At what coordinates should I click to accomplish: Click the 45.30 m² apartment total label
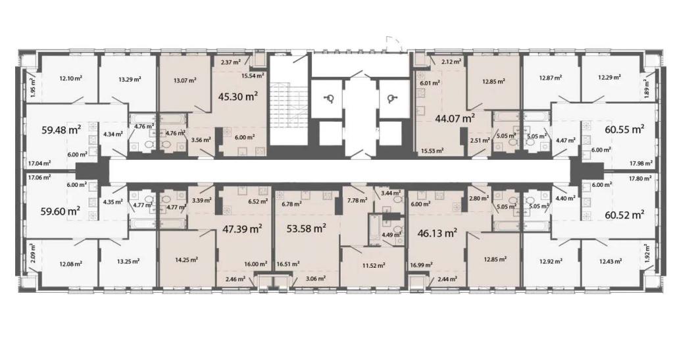pyautogui.click(x=238, y=96)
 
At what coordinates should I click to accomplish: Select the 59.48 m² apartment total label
pyautogui.click(x=61, y=130)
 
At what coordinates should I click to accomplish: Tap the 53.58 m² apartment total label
pyautogui.click(x=307, y=229)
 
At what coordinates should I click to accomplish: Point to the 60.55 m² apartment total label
pyautogui.click(x=624, y=129)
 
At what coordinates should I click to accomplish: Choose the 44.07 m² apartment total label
pyautogui.click(x=455, y=118)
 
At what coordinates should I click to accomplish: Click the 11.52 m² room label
pyautogui.click(x=373, y=265)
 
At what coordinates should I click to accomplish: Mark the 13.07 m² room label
pyautogui.click(x=185, y=80)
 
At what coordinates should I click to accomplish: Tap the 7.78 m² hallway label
pyautogui.click(x=358, y=200)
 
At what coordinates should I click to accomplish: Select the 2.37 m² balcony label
pyautogui.click(x=231, y=62)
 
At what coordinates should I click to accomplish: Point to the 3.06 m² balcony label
pyautogui.click(x=316, y=279)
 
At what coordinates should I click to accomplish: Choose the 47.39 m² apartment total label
pyautogui.click(x=241, y=229)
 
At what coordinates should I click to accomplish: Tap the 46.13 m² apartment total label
pyautogui.click(x=437, y=233)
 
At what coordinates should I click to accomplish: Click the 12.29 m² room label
pyautogui.click(x=609, y=77)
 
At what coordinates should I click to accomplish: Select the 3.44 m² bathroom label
pyautogui.click(x=391, y=193)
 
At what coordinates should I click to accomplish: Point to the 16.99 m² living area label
pyautogui.click(x=422, y=265)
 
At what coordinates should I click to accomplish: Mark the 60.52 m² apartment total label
pyautogui.click(x=624, y=215)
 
